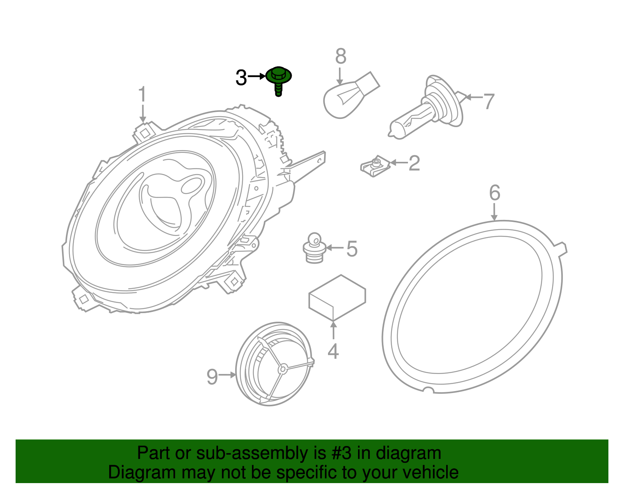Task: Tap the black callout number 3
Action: click(241, 78)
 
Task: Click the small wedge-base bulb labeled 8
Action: click(347, 96)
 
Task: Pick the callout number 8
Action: click(340, 57)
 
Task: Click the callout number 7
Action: click(489, 101)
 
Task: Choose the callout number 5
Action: click(352, 249)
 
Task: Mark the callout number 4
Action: click(333, 351)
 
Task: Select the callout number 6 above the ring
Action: click(495, 193)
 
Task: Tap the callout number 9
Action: click(212, 377)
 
